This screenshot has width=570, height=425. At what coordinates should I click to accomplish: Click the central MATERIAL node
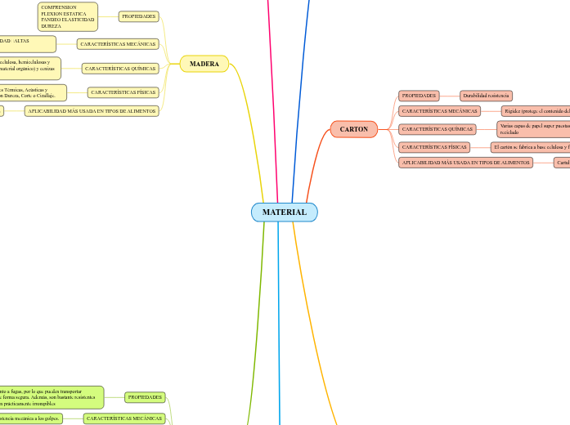284,212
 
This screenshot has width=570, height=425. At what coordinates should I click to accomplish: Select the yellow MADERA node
204,64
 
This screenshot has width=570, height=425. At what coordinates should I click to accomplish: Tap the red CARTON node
353,129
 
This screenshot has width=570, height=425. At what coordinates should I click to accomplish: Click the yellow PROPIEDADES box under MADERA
138,16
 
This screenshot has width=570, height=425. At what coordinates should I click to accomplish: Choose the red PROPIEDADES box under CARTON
419,96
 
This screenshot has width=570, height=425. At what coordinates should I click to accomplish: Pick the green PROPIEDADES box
145,397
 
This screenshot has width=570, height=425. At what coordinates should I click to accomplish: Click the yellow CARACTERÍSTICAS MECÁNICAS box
117,43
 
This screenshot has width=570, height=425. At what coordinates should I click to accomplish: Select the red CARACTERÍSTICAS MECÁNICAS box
439,111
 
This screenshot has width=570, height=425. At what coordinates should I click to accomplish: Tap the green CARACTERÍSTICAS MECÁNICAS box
124,418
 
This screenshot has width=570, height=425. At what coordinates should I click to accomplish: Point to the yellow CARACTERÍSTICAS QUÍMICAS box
120,69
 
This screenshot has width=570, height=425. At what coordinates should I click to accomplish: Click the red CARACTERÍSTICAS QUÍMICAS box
438,129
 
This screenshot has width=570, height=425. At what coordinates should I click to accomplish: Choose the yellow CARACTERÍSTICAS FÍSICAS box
123,92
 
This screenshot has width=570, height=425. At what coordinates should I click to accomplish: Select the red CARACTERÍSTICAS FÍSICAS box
434,147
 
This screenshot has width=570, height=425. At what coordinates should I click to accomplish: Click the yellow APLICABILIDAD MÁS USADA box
91,110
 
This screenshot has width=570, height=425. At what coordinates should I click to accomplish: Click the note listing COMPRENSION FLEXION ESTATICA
68,16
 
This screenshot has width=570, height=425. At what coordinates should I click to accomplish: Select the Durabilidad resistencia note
486,96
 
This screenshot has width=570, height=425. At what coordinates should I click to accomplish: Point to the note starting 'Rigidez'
535,111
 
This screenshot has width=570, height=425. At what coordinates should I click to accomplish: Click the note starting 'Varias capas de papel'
532,128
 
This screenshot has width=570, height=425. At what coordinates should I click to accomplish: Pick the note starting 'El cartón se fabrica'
529,147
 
